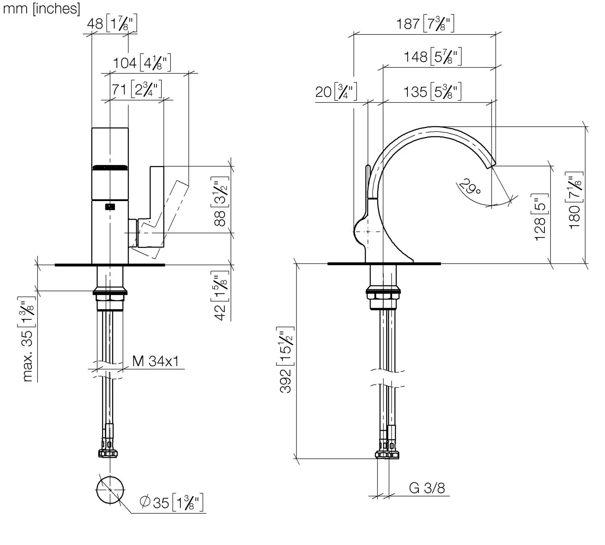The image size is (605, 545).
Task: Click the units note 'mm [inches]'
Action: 41,8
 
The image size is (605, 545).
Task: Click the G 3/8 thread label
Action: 427,488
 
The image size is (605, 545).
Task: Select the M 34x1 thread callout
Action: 156,361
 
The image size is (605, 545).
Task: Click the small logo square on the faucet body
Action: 110,207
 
